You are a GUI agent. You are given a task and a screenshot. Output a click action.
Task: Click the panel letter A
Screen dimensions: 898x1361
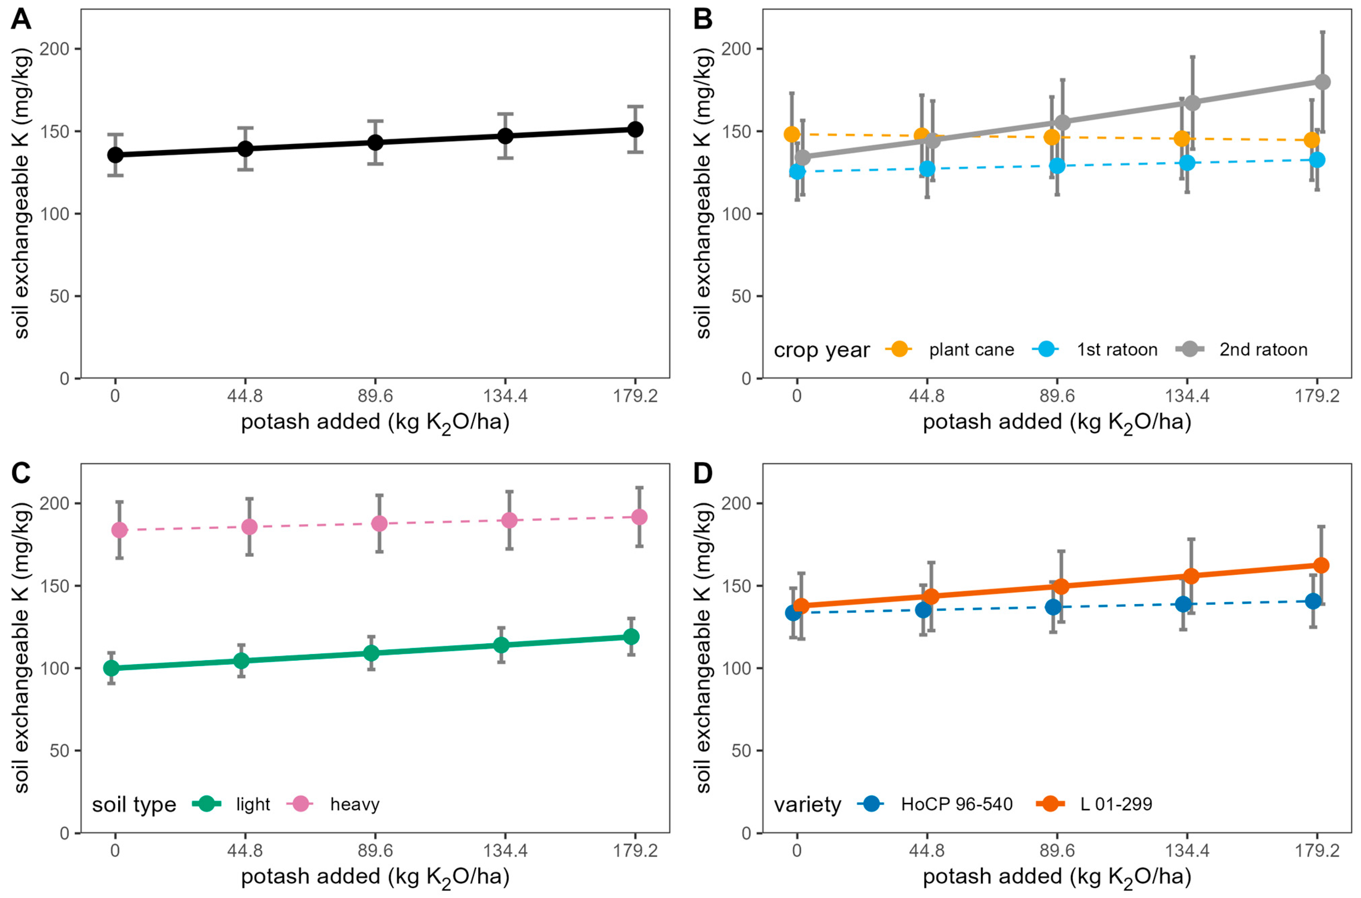21,20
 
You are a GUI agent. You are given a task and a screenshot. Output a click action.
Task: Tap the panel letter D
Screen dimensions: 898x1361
703,474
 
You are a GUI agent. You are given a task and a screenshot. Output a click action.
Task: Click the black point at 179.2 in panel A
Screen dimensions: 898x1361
635,130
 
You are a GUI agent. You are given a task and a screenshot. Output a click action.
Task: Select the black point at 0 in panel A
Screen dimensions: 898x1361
115,155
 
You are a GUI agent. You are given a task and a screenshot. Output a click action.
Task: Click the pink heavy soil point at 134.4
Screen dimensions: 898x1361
509,520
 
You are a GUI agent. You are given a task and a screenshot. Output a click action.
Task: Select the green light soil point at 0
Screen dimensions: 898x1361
111,668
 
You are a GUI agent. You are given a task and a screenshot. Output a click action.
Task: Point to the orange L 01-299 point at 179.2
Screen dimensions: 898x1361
1321,565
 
